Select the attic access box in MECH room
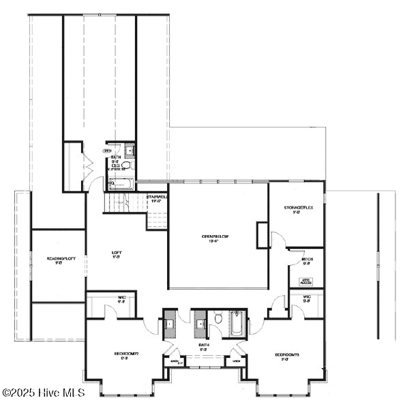point(307,280)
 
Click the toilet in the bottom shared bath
point(217,318)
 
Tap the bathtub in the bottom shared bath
point(236,323)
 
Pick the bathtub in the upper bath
point(121,183)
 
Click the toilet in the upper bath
point(125,166)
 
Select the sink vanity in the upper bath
point(130,151)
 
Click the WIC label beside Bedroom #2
point(103,298)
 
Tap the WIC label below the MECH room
point(307,297)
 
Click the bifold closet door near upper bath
point(87,166)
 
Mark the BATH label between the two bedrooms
point(202,346)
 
